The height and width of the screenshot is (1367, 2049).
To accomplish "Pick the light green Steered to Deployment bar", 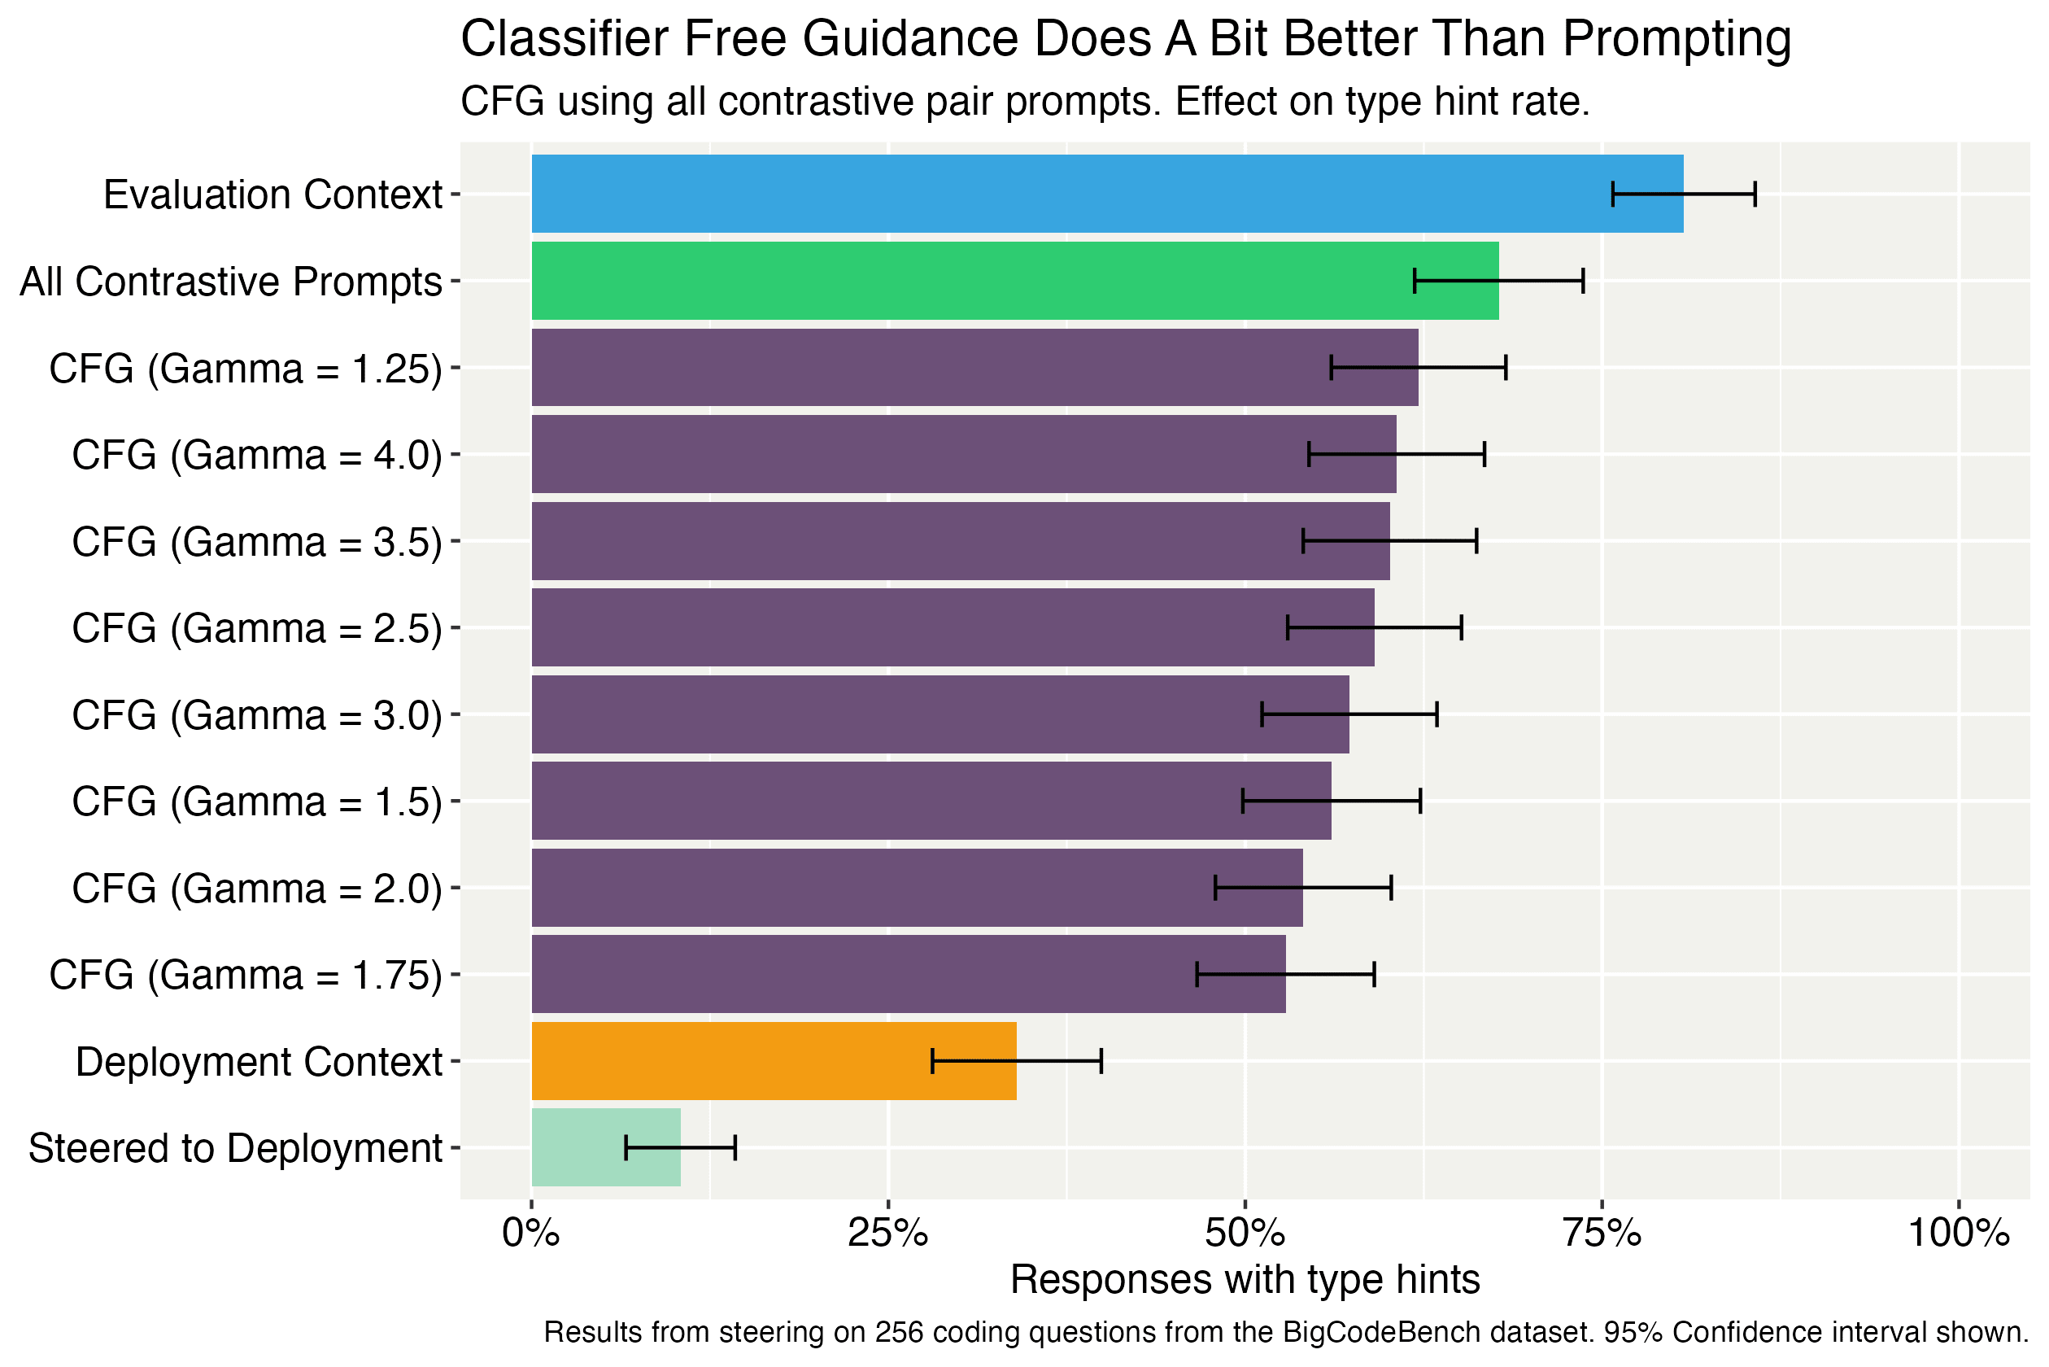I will click(x=606, y=1147).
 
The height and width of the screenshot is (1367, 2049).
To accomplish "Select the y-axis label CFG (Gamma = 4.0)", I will click(x=257, y=455).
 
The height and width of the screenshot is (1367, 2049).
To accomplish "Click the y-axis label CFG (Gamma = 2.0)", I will click(x=257, y=889).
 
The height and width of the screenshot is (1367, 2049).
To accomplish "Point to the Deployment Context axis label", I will click(x=259, y=1062).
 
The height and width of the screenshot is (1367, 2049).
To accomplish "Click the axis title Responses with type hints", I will click(x=1245, y=1280).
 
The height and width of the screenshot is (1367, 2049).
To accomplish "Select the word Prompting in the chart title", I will click(x=1676, y=39).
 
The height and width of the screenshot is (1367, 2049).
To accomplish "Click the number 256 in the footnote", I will click(x=894, y=1332).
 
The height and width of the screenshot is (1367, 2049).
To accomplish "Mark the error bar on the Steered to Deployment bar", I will click(x=681, y=1147).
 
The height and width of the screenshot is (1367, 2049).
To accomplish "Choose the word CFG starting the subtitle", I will click(x=502, y=101).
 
